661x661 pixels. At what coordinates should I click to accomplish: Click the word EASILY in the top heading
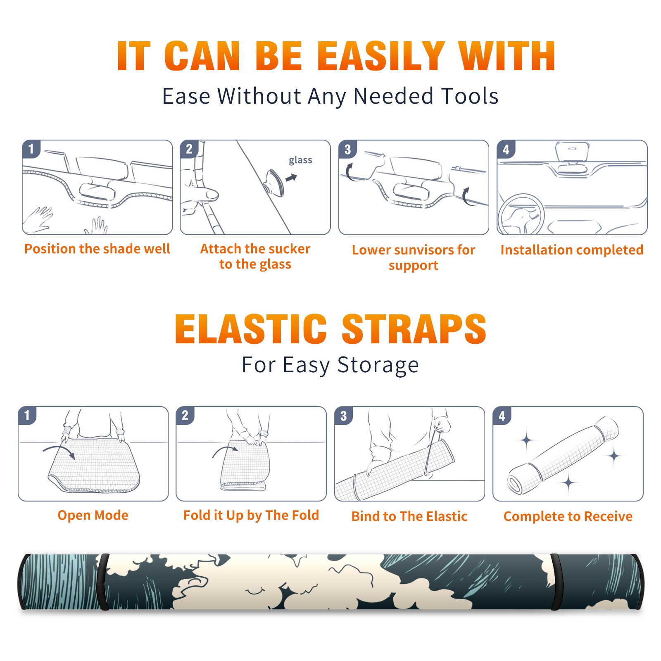point(381,56)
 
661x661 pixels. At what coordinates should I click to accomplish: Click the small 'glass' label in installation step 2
point(300,160)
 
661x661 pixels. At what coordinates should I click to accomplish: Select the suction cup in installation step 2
point(274,182)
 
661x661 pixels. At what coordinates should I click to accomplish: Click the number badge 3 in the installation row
point(347,150)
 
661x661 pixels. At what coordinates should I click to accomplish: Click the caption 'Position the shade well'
point(97,249)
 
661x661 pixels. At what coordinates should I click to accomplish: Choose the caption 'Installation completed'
point(572,250)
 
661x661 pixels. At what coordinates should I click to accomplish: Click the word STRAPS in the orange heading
point(414,329)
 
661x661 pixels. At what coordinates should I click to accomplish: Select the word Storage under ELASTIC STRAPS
point(378,365)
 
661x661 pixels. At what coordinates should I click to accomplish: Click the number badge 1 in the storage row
point(27,416)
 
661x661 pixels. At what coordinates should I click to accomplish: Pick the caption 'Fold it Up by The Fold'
point(251,515)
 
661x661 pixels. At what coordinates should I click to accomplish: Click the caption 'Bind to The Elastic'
point(409,516)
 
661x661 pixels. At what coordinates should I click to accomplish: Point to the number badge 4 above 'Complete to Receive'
point(502,416)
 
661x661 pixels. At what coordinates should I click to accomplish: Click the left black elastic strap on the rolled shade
point(103,582)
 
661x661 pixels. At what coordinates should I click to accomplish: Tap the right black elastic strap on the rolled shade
point(556,582)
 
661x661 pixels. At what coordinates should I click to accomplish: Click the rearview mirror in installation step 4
point(572,151)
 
